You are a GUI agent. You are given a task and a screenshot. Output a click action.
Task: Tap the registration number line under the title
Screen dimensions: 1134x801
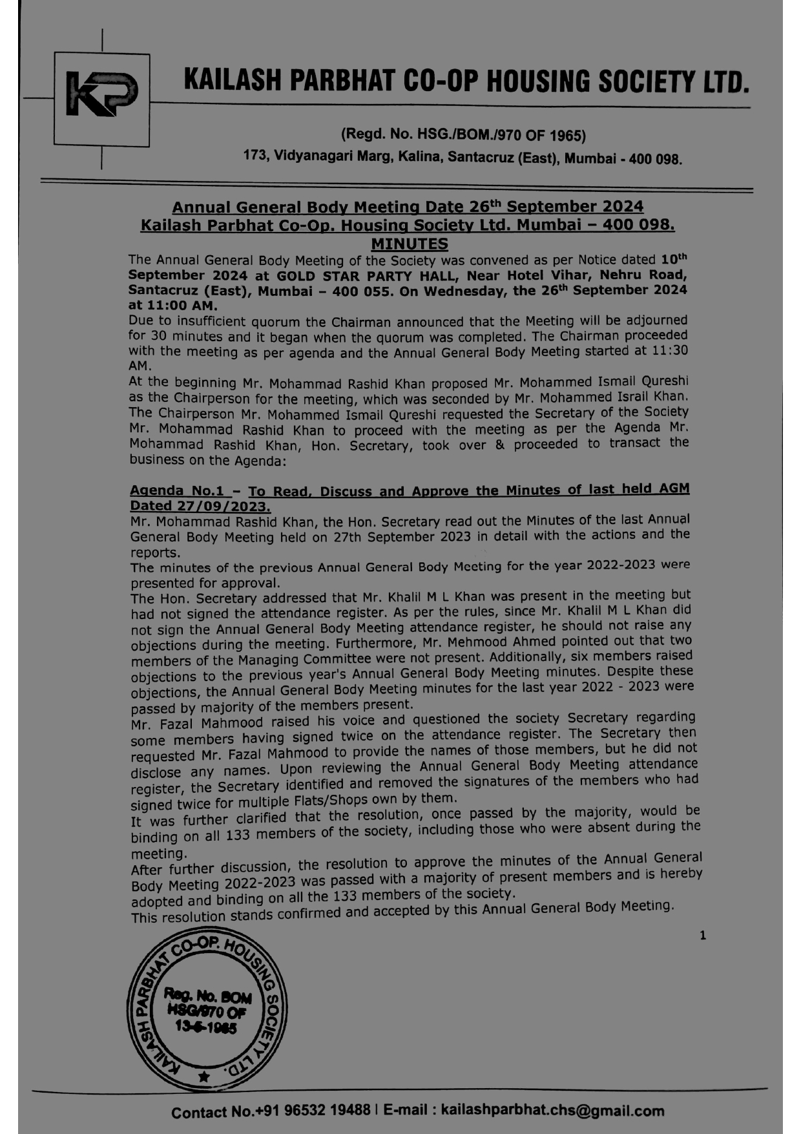463,135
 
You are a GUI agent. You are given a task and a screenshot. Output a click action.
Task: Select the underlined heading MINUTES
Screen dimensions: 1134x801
409,244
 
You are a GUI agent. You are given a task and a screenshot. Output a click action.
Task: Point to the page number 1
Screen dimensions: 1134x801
703,935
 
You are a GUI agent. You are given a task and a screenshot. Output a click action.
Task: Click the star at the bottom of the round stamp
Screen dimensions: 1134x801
204,1076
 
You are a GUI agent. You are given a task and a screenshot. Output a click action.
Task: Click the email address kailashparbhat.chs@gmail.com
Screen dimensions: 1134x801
552,1111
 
